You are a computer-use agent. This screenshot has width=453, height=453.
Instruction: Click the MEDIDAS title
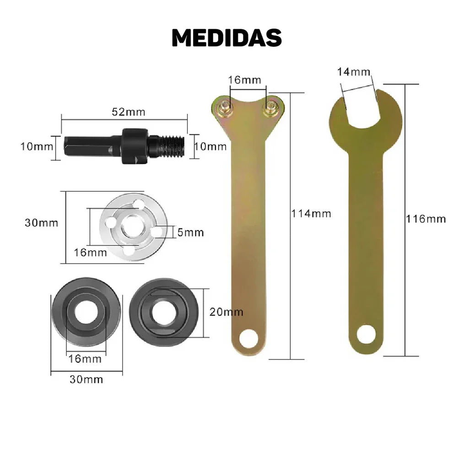tap(227, 38)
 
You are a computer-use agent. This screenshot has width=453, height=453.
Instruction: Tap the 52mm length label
tap(129, 112)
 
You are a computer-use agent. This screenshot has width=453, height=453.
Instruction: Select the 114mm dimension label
tap(311, 214)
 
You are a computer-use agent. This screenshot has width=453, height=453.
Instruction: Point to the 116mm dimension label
tap(426, 219)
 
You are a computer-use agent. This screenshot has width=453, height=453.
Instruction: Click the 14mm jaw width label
tap(354, 72)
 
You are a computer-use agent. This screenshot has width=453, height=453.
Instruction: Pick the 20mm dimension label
tap(226, 312)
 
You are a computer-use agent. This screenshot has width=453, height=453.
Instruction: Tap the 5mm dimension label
tap(190, 232)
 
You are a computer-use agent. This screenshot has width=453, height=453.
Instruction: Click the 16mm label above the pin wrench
tap(244, 80)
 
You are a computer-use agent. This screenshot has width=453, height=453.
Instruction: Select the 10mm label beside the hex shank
tap(37, 146)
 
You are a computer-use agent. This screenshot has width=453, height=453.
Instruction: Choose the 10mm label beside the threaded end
tap(210, 146)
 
